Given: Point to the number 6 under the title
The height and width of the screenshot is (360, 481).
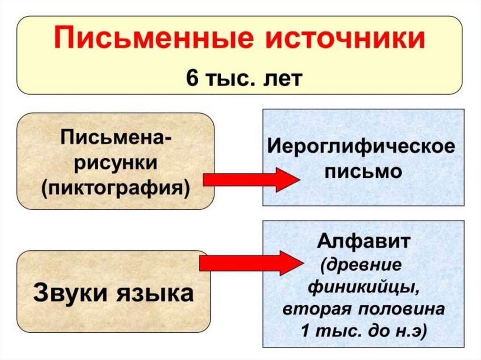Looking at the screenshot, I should point(192,77).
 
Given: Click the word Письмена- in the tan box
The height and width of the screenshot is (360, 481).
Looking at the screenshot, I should point(116,139).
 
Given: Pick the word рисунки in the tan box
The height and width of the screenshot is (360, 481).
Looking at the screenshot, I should point(116,164).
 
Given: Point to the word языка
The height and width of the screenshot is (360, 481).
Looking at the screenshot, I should point(152,293).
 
